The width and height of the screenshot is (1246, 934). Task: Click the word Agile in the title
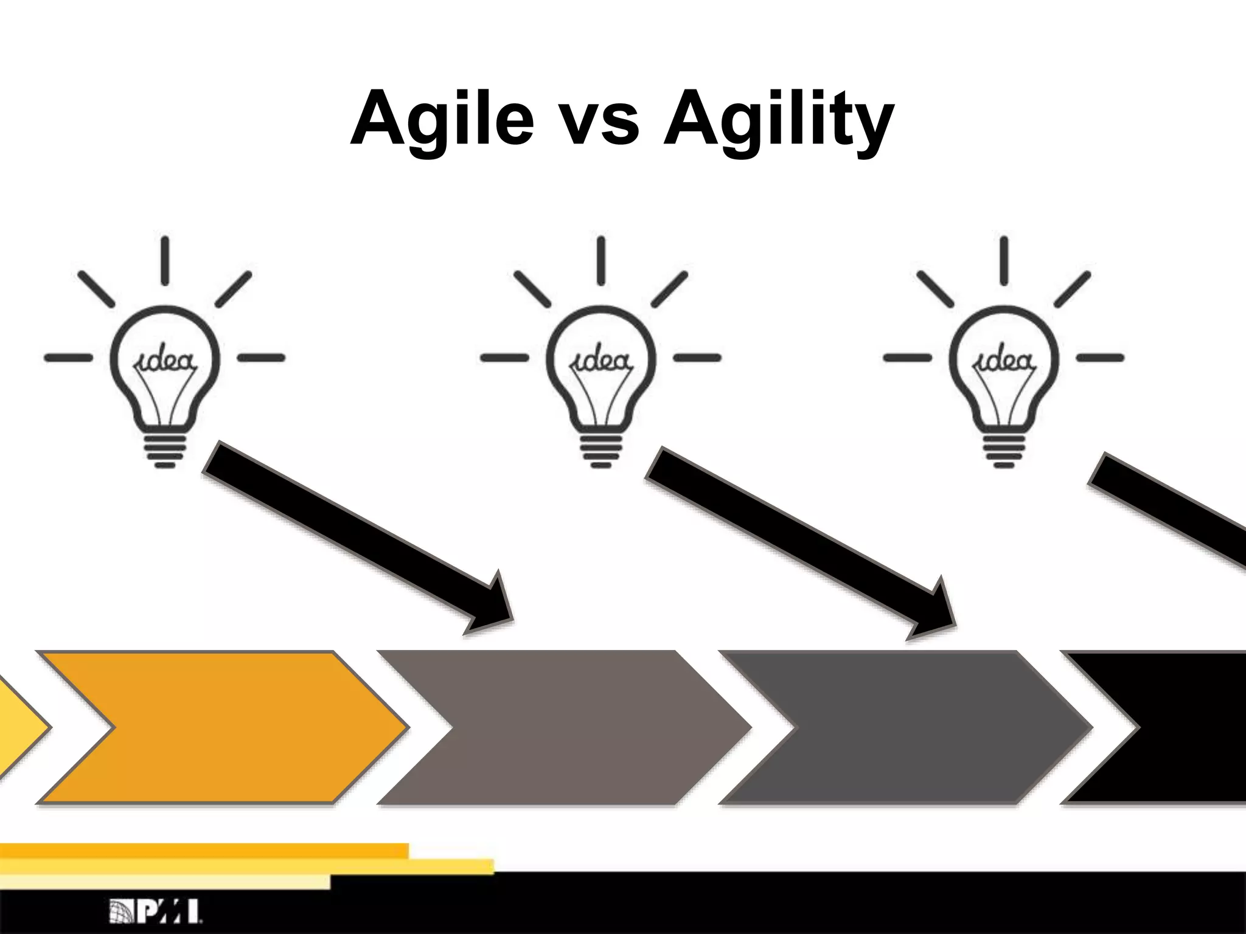442,119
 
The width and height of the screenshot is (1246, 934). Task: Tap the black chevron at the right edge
1192,727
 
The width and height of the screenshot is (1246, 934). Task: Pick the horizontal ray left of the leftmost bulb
68,358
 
